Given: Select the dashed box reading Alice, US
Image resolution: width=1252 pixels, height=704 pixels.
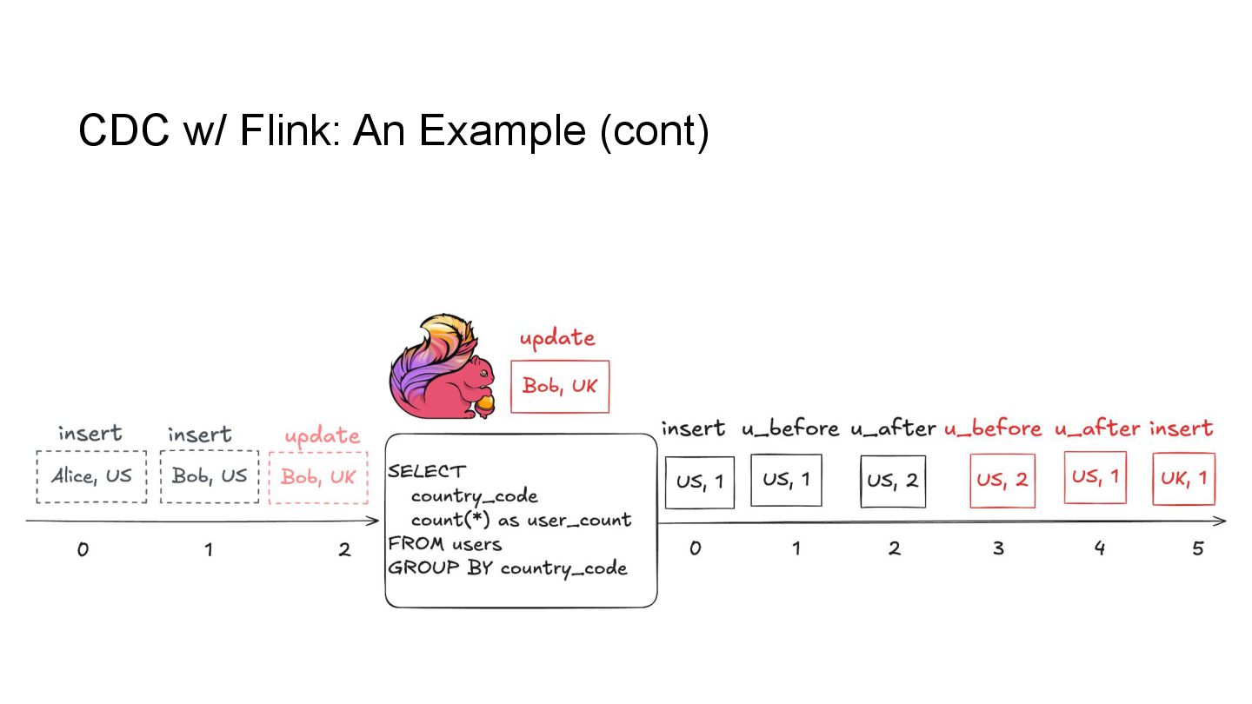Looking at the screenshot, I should pos(91,476).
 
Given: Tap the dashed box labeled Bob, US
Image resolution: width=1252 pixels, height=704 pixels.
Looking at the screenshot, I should pos(210,476).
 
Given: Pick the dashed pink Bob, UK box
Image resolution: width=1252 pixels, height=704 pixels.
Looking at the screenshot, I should pos(318,477).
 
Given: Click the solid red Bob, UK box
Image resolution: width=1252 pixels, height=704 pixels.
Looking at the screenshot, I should pos(560,386).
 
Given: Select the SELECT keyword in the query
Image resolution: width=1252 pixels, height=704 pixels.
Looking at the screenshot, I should pos(427,471).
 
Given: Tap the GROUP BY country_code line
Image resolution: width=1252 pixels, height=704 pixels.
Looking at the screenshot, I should pos(507,568).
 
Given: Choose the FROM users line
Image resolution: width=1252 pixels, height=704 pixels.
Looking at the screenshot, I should pos(445,544).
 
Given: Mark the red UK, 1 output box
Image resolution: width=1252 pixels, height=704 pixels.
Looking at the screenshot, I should pos(1183,478).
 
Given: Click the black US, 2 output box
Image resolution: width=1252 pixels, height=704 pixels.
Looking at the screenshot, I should pos(893,481).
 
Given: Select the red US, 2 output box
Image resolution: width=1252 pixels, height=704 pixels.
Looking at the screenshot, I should pos(1002,480).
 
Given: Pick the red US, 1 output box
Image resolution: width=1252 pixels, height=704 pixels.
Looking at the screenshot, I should pos(1095,477).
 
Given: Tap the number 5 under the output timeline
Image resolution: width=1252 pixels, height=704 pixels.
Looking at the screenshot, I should pos(1198,549).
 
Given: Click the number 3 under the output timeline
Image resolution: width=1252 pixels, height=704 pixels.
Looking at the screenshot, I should pos(998,549).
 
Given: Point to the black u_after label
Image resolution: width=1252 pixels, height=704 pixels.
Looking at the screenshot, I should pos(893,428).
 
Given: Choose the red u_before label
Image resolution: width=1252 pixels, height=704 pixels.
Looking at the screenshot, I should pos(993,428).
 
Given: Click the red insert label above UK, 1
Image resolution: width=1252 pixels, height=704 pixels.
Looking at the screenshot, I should pos(1181,428).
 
